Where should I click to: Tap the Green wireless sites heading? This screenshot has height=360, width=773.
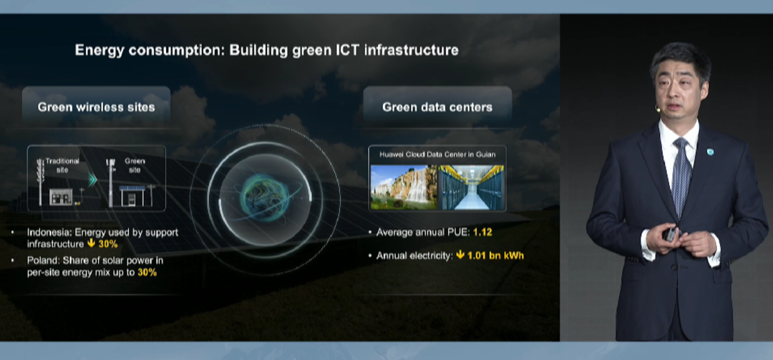[96, 107]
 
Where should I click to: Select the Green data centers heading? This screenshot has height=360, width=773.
[437, 107]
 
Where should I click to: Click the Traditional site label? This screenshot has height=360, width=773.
[62, 165]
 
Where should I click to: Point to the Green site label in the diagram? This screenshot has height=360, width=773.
[135, 165]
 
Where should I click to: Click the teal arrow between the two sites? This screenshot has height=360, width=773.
[92, 180]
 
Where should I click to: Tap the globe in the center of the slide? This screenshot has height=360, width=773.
[265, 196]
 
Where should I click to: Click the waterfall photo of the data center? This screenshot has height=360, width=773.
[403, 187]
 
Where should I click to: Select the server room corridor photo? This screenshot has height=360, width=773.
[471, 187]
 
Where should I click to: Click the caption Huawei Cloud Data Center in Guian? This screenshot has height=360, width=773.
[437, 155]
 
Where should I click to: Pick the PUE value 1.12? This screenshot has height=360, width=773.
[482, 233]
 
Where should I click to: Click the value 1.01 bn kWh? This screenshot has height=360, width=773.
[495, 256]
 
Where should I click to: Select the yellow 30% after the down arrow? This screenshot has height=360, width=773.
[108, 244]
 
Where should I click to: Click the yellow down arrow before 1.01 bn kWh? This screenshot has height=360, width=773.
[460, 256]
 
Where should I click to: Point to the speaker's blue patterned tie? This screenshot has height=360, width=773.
[681, 176]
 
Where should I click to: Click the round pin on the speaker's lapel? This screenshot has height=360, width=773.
[710, 152]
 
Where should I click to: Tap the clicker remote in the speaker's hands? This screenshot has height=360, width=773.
[670, 233]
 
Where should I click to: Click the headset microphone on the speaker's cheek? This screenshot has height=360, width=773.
[658, 107]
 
